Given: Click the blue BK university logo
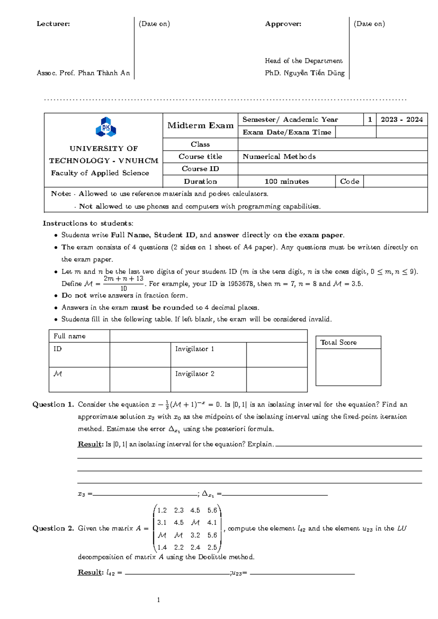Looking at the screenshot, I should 106,127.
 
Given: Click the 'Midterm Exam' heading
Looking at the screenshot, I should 200,126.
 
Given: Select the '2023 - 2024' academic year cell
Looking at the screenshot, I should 401,120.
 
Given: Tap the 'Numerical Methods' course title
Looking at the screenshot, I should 279,157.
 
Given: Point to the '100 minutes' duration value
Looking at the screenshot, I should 287,181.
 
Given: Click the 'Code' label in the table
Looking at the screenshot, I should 349,181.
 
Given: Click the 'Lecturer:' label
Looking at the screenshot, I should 53,24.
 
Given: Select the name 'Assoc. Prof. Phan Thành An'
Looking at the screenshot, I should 83,73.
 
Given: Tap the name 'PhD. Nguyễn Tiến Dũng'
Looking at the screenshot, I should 304,73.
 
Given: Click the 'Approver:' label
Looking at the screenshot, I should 283,24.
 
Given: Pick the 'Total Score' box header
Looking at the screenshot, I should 338,342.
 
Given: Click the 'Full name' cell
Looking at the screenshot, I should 69,336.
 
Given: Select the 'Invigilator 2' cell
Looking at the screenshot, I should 195,374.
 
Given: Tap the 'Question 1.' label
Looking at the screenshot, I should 53,404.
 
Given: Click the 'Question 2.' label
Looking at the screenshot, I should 53,528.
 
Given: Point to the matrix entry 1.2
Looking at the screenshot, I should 162,510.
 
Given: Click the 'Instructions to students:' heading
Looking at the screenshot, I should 88,223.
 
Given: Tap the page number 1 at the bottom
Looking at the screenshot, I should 158,600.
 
